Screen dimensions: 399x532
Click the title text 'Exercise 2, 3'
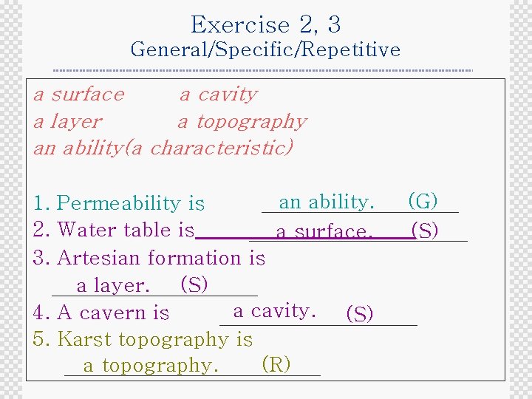coord(265,24)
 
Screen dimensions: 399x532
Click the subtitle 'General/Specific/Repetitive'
coord(265,50)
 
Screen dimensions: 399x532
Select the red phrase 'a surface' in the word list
coord(79,95)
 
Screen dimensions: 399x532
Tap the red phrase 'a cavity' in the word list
coord(219,95)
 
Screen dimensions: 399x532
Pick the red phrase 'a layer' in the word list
coord(68,121)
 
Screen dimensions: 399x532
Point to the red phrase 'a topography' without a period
coord(242,121)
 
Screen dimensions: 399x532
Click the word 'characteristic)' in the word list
coord(222,147)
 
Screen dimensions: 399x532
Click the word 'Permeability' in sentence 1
coord(119,202)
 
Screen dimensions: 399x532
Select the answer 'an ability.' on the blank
coord(327,202)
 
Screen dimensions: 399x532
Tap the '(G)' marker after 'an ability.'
coord(423,201)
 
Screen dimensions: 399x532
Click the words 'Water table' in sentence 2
coord(103,230)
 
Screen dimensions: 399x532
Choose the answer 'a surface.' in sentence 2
coord(324,232)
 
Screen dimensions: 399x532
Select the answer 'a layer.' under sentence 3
coord(114,285)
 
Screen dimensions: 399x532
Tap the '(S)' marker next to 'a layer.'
coord(194,284)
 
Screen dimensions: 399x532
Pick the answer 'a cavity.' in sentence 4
coord(275,311)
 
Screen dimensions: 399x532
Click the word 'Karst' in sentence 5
coord(83,339)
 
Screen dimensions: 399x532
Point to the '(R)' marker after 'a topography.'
coord(276,364)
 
